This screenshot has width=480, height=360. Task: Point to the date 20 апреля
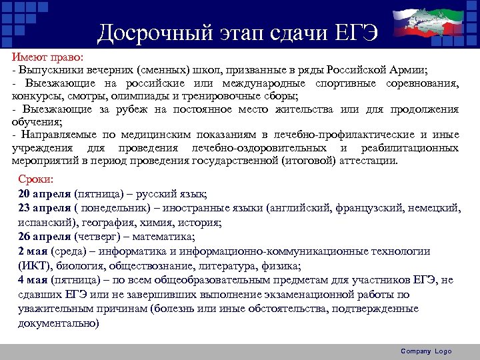[44, 194]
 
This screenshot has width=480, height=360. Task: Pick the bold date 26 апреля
[44, 236]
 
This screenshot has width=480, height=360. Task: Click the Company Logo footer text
[426, 351]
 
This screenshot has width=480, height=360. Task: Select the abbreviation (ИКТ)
[33, 265]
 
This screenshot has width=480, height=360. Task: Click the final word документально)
[58, 323]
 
